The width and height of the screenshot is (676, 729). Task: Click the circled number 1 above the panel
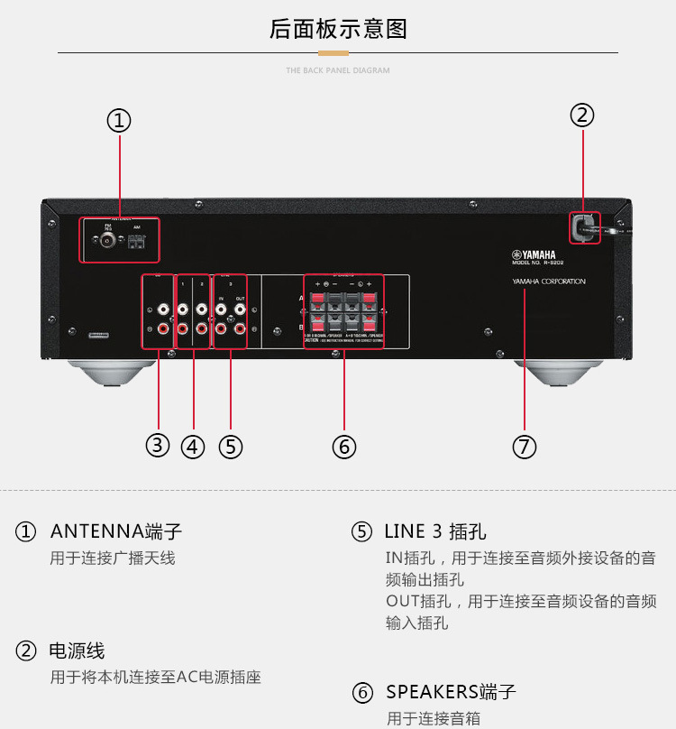[x=119, y=121]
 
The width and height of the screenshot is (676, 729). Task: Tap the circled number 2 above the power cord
[x=582, y=115]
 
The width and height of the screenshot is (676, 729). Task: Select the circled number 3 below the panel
[x=158, y=445]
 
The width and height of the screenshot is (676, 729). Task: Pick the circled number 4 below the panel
[x=193, y=446]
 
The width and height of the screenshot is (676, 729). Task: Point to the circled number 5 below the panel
[x=231, y=446]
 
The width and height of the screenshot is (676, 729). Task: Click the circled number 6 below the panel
[x=344, y=446]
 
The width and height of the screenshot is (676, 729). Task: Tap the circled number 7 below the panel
[x=525, y=446]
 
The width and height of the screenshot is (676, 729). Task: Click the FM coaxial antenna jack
[x=108, y=241]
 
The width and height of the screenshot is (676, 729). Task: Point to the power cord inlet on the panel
[x=582, y=227]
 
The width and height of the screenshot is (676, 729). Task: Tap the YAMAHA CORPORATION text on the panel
[x=549, y=281]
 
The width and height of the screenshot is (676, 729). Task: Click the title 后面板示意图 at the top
[x=338, y=29]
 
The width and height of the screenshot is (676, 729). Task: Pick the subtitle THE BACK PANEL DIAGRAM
[x=338, y=70]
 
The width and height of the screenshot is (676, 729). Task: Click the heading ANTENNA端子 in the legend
[x=116, y=531]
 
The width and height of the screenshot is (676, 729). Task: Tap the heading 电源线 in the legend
[x=77, y=651]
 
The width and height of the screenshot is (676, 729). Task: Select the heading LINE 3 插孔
[x=435, y=531]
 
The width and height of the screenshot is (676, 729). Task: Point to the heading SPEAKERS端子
[x=451, y=692]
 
